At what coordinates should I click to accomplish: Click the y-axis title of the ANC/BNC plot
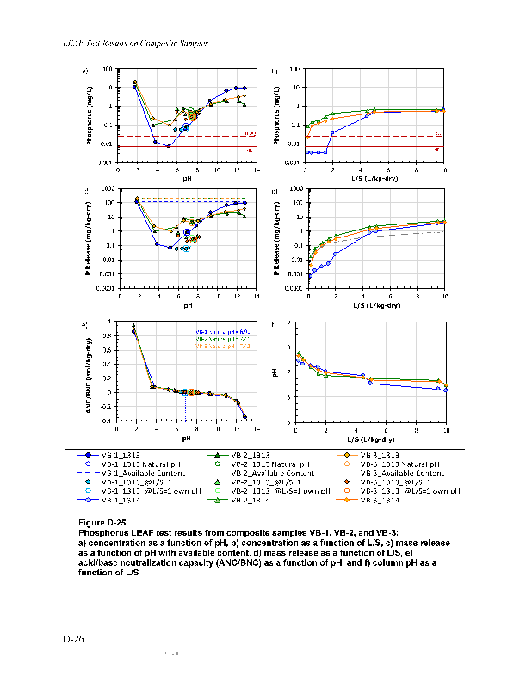(x=90, y=372)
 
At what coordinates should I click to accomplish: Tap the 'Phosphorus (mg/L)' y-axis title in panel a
(x=90, y=116)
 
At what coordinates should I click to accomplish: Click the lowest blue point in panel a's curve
(x=169, y=146)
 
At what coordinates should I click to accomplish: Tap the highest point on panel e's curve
(x=133, y=326)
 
